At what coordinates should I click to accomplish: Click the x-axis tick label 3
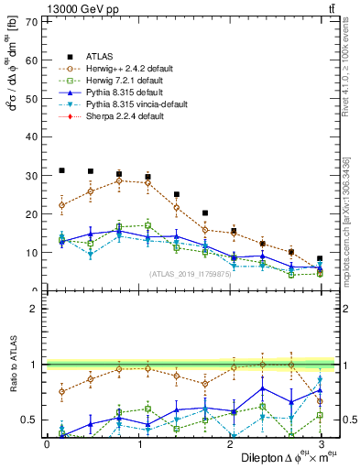[x=320, y=444]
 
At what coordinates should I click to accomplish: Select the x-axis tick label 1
[x=137, y=444]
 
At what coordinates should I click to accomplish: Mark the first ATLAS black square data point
[x=61, y=170]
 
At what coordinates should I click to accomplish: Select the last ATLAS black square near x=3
[x=320, y=259]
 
